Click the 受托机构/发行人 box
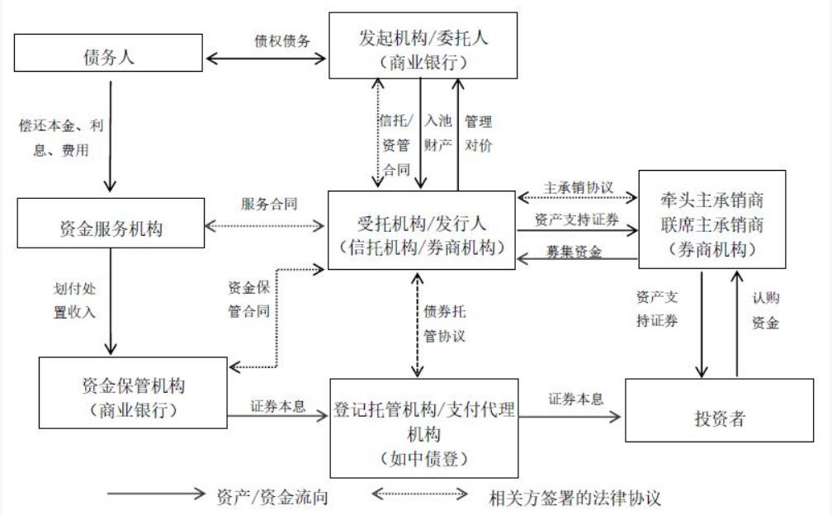(421, 229)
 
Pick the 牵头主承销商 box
(700, 219)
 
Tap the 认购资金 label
(764, 310)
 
